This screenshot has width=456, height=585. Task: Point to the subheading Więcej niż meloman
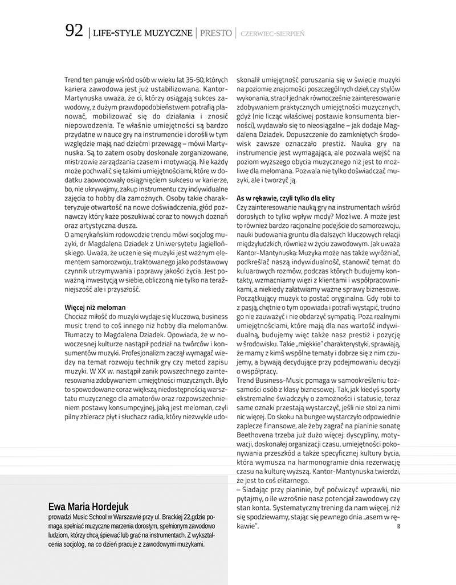(95, 308)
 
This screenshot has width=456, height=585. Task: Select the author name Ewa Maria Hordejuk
(88, 506)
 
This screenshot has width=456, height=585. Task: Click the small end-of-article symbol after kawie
(398, 526)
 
